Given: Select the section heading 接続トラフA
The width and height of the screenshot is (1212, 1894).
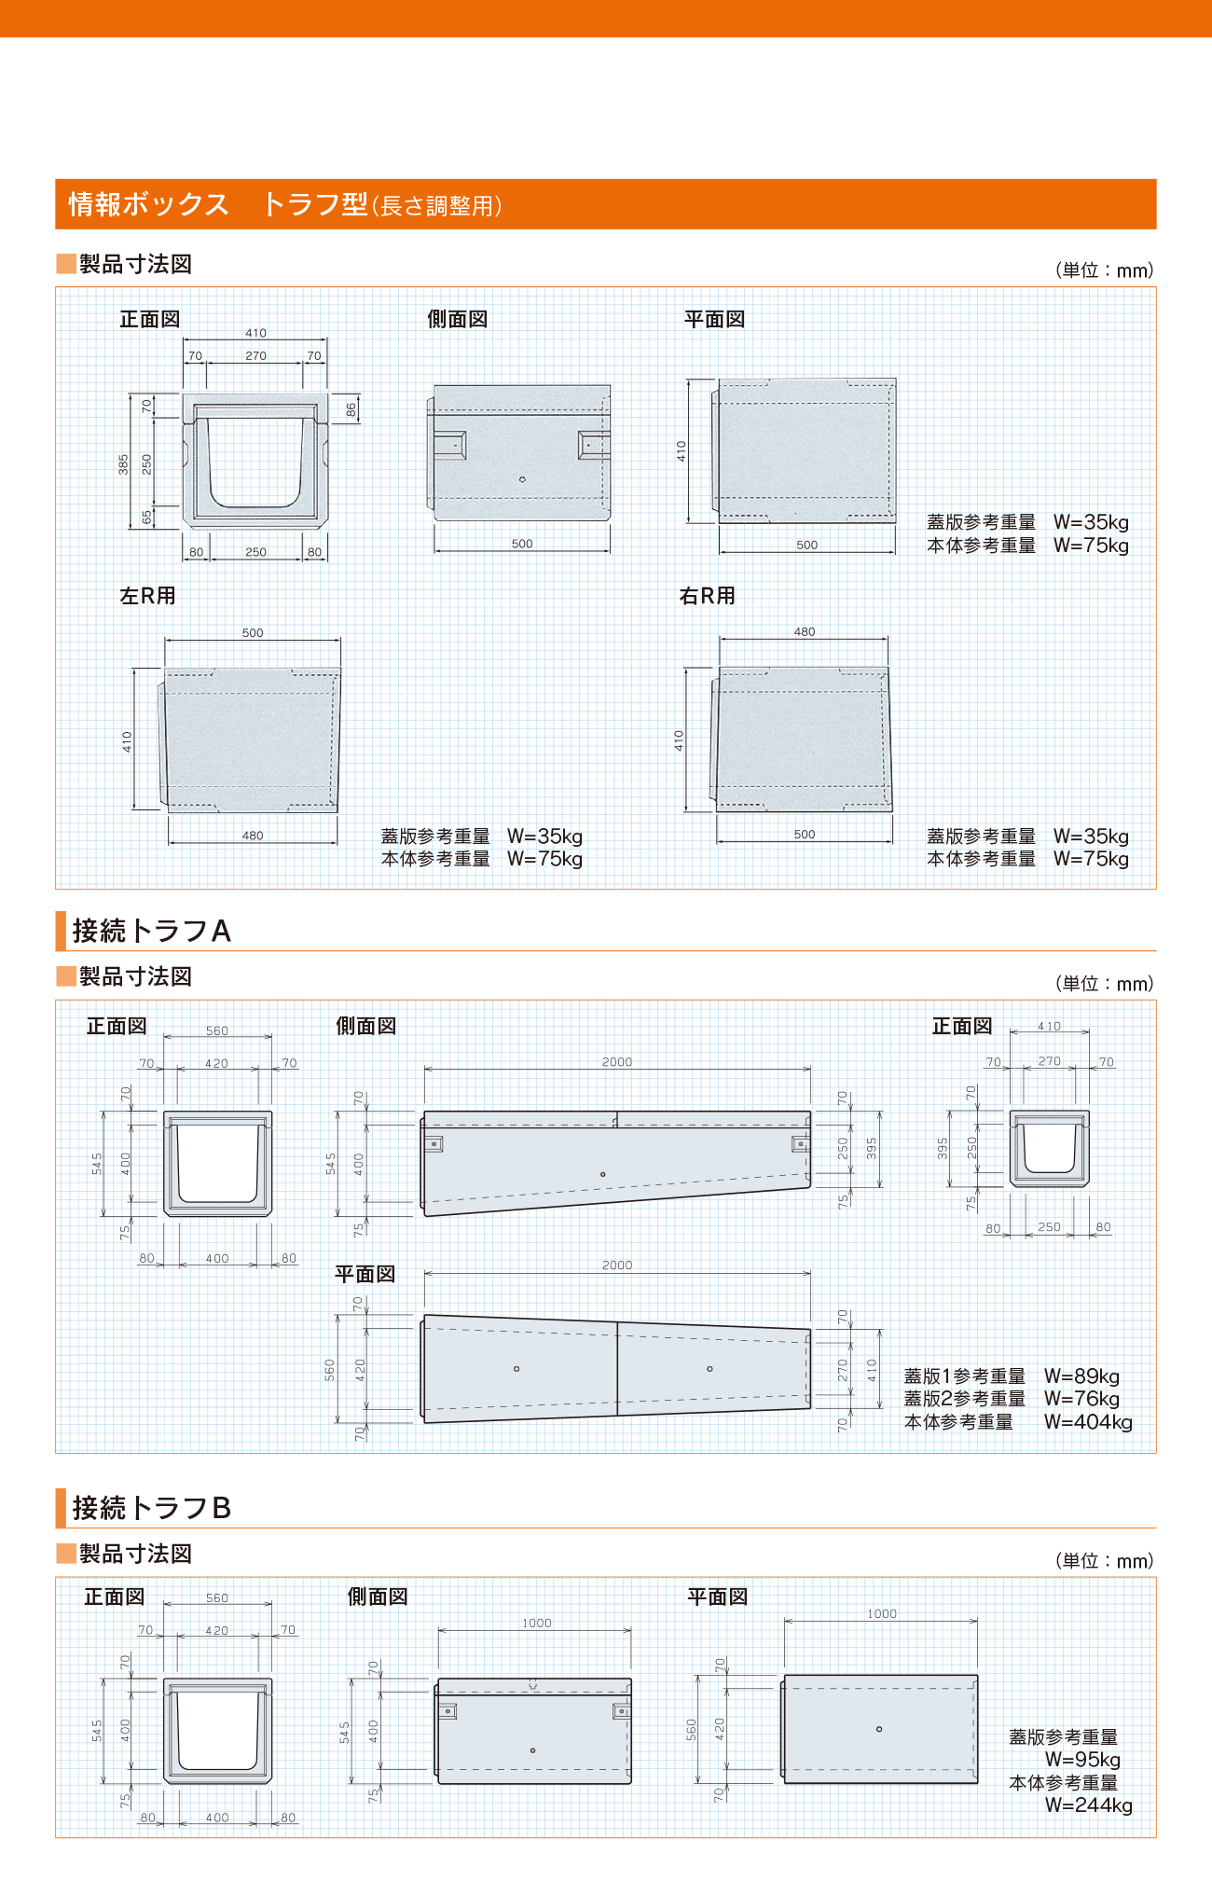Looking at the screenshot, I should (x=151, y=931).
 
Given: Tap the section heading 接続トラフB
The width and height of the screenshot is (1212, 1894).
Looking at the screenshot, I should (x=151, y=1508).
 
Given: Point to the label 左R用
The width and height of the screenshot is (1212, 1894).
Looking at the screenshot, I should (x=147, y=596).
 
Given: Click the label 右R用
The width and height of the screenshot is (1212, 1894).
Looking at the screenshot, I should (x=707, y=596).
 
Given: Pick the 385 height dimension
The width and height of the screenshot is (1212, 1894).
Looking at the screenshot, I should (x=123, y=464).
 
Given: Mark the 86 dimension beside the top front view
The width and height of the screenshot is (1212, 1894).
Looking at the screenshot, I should (x=351, y=409).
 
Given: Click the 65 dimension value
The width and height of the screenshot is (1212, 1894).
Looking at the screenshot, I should (x=146, y=517).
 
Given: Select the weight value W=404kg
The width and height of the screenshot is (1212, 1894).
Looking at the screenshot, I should (x=1088, y=1422).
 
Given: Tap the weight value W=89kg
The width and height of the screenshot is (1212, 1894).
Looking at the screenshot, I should (x=1081, y=1376).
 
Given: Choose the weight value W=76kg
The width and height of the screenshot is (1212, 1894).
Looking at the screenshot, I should (x=1081, y=1399).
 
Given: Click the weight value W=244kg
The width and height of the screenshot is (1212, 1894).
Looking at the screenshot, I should (x=1088, y=1805).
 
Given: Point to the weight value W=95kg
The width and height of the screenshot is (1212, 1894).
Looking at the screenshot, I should (x=1082, y=1760).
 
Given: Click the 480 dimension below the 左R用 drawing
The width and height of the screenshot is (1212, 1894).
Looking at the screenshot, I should (x=253, y=836).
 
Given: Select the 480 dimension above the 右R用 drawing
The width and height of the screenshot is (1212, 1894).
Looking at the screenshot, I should (x=805, y=632).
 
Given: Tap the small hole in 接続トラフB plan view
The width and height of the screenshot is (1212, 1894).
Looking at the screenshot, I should (x=879, y=1729).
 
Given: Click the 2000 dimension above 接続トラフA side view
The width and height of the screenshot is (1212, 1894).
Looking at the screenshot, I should (x=617, y=1062).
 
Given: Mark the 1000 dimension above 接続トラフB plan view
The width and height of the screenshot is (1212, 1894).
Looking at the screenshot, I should (x=882, y=1614).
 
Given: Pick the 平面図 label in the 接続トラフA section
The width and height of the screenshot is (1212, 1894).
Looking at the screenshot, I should (x=365, y=1274).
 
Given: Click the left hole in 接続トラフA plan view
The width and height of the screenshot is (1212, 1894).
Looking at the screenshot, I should (x=516, y=1369).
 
